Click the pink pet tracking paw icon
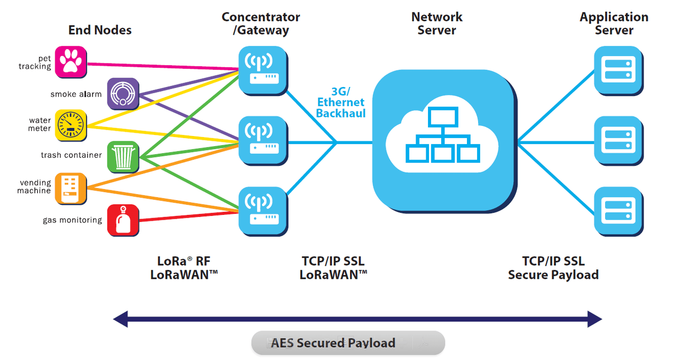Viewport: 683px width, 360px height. click(x=70, y=62)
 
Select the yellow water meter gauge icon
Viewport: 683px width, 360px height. click(x=70, y=125)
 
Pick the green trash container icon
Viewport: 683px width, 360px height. click(x=123, y=156)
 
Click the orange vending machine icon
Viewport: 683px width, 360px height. click(x=70, y=188)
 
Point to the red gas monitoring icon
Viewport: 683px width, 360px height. click(x=123, y=220)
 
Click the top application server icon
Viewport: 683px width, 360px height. click(x=618, y=70)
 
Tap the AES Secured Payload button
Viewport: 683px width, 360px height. click(x=347, y=343)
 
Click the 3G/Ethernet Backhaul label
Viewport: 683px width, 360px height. click(x=340, y=102)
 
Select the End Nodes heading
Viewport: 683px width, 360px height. click(x=100, y=30)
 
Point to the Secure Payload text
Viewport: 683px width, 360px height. click(x=553, y=275)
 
